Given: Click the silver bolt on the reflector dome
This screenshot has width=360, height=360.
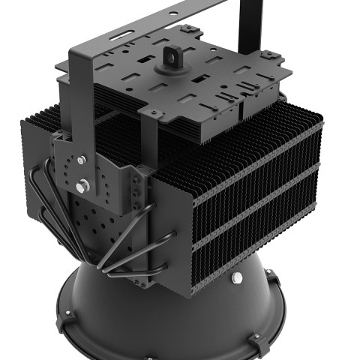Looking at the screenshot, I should click(237, 279).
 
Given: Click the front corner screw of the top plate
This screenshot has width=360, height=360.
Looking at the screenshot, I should click(154, 113).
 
